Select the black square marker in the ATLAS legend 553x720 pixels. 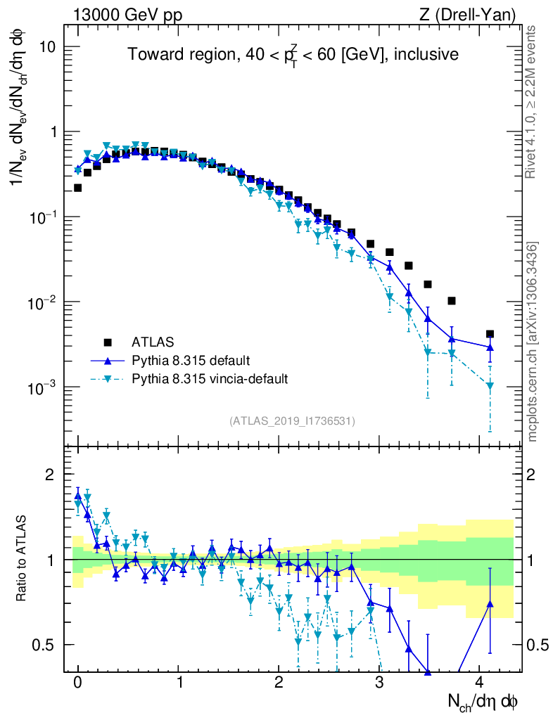(x=108, y=342)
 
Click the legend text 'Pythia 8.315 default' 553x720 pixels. (x=191, y=361)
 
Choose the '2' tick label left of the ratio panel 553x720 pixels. (x=51, y=475)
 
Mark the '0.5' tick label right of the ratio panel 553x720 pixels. (x=538, y=645)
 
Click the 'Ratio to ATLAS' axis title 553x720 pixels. (x=22, y=560)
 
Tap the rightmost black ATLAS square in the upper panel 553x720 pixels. (x=490, y=334)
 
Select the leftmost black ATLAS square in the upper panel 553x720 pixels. (x=77, y=188)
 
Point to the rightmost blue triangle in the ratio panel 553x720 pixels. (x=490, y=604)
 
